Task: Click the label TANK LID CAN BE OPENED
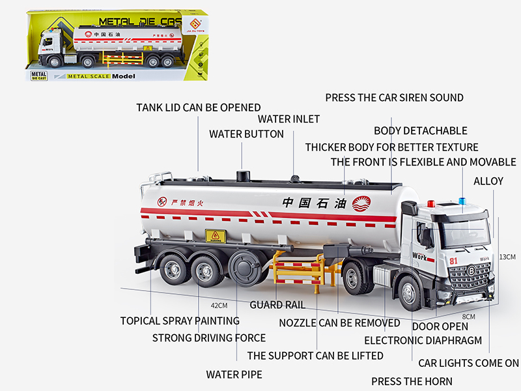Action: [x=198, y=108]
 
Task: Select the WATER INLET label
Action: [x=289, y=119]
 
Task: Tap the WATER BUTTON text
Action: [x=246, y=134]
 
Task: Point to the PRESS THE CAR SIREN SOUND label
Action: [x=394, y=98]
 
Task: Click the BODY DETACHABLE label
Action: [x=420, y=131]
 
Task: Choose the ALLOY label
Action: [x=488, y=181]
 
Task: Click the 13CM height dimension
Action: [x=507, y=257]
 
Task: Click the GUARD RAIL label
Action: [x=277, y=305]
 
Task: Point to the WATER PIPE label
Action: [x=234, y=375]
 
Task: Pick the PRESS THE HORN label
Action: [x=412, y=381]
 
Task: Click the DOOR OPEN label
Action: [x=440, y=326]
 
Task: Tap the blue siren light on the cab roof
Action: [x=464, y=201]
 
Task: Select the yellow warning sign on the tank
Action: [x=214, y=236]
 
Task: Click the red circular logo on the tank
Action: [x=361, y=204]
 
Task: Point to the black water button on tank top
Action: [x=243, y=176]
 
